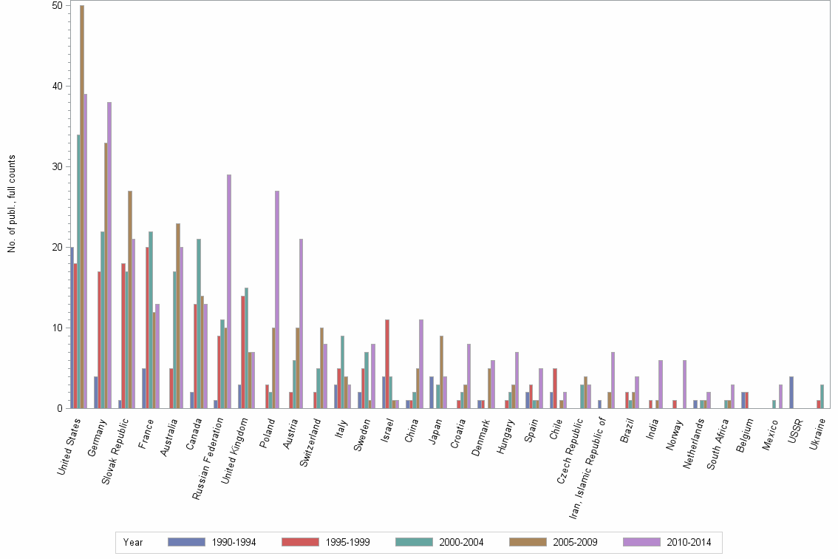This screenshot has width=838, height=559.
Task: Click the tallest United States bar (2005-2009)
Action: [x=82, y=207]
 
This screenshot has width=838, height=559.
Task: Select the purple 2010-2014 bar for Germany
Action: [x=109, y=255]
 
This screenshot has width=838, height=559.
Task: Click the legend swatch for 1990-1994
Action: [x=186, y=542]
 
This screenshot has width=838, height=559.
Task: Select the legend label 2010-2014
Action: [x=689, y=542]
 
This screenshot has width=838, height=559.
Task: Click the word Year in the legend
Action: [x=133, y=542]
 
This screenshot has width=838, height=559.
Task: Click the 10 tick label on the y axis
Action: [x=56, y=328]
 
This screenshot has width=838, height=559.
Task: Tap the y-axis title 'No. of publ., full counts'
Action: [x=12, y=204]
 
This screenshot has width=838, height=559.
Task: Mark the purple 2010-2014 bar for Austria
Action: [x=302, y=324]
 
